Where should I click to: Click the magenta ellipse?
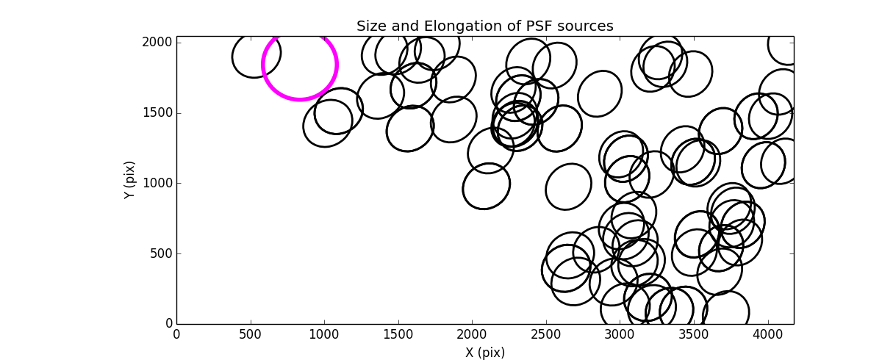coord(300,64)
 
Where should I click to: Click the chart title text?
coord(484,26)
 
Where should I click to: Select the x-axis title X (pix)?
coord(484,353)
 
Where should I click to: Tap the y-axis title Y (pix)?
coord(130,180)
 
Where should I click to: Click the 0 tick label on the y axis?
coord(168,324)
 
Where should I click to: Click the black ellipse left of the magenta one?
coord(257,56)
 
